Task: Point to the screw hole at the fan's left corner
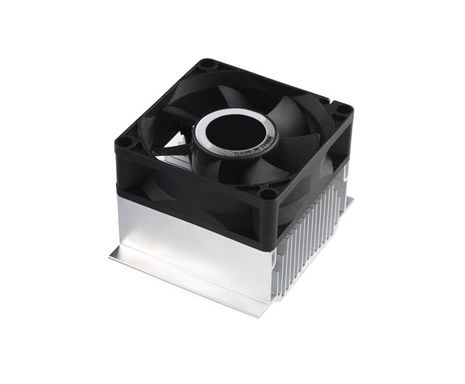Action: (125, 143)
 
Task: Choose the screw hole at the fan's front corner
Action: (268, 193)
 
